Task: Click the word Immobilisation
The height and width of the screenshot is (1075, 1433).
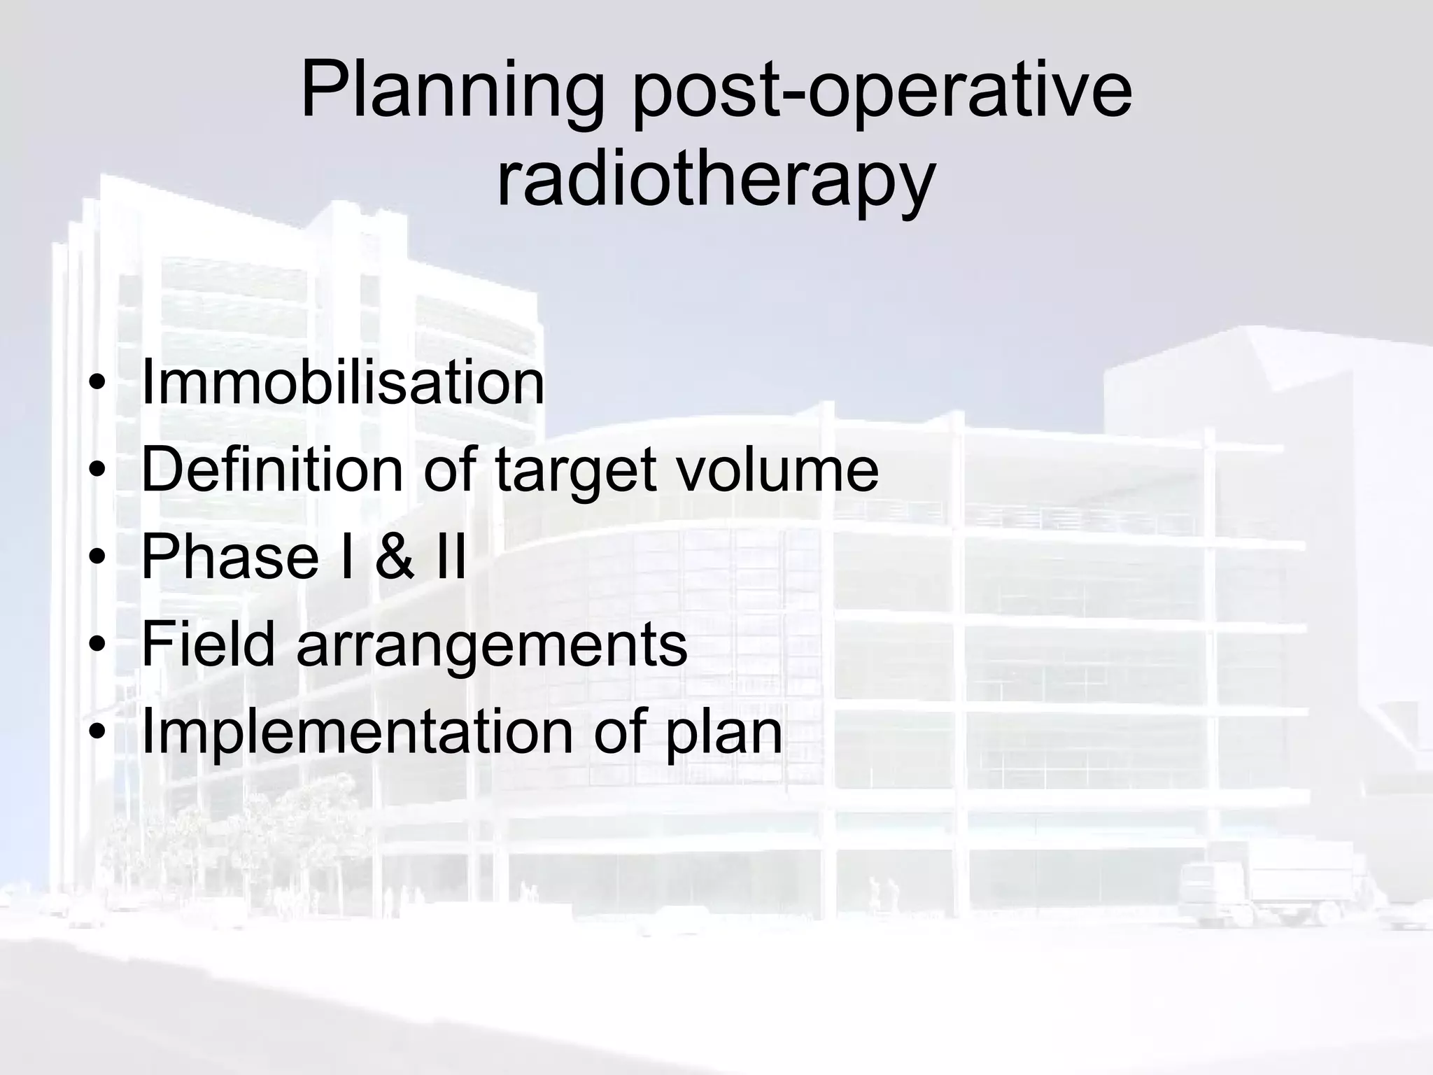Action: (342, 383)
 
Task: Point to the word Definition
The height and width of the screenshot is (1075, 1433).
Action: (272, 470)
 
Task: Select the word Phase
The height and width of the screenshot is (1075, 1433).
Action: (230, 557)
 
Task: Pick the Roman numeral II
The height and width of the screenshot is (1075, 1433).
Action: (451, 557)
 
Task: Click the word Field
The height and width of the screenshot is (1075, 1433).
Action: (208, 645)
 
